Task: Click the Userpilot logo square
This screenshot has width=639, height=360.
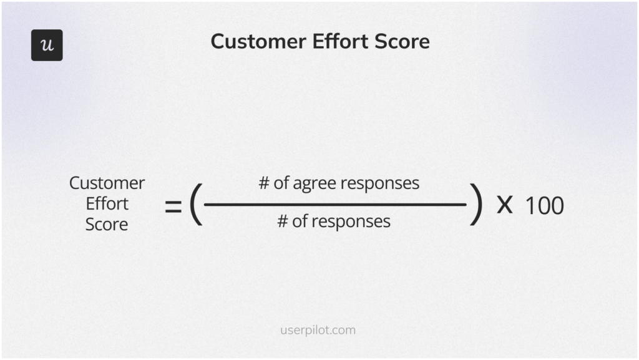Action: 47,45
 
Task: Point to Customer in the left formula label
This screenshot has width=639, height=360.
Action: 107,183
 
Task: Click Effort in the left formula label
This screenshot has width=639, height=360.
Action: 107,203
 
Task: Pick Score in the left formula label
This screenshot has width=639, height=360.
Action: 107,225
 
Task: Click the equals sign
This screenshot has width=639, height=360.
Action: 173,207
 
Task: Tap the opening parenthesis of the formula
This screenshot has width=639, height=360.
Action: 196,204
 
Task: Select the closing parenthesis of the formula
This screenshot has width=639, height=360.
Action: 476,204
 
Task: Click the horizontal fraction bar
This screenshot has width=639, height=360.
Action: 335,205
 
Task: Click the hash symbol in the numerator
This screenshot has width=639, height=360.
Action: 264,183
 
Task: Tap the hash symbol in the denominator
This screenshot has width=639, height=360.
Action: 283,221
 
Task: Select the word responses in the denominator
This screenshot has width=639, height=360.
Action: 351,222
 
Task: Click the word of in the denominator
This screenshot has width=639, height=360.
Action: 300,221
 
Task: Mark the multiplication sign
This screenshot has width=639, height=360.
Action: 504,205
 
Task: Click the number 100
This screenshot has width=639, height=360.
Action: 544,206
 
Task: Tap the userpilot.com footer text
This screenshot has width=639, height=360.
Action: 318,330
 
